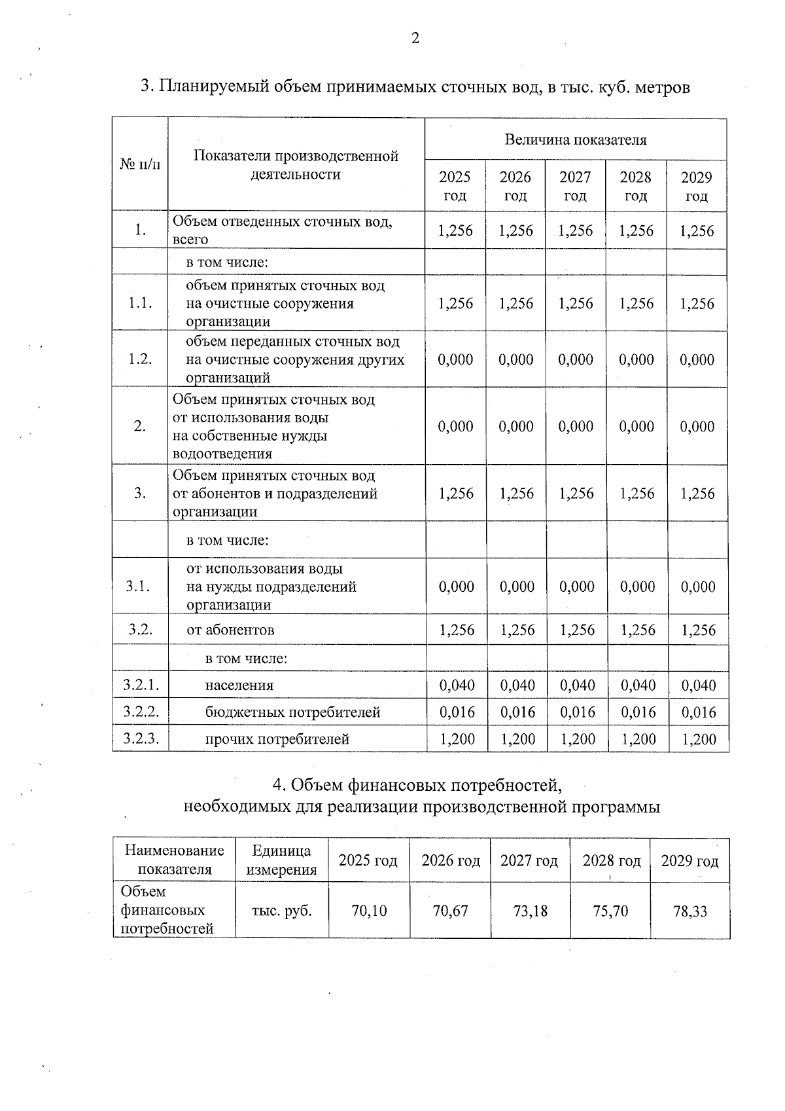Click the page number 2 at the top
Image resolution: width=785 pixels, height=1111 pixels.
415,38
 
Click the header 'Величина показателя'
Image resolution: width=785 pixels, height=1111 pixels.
576,139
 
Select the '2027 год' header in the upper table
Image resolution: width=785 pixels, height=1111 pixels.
575,186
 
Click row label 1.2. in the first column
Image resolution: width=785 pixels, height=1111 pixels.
140,359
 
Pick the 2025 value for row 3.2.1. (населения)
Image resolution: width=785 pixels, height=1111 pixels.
457,685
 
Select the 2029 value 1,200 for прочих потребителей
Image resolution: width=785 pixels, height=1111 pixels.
699,739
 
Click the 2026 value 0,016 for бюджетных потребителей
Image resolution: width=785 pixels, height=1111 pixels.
517,712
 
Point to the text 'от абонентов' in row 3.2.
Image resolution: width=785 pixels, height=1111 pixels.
230,630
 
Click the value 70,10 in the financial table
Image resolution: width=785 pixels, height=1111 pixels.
369,910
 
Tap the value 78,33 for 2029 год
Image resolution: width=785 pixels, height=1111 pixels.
690,910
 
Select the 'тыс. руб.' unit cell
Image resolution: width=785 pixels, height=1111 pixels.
281,910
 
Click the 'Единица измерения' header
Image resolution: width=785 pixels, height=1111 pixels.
281,860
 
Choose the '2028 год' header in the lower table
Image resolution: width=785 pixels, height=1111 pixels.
611,860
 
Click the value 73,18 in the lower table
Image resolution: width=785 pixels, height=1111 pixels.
530,910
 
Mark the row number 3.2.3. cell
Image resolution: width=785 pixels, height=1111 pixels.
141,739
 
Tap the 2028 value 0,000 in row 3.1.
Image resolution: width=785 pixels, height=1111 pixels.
638,587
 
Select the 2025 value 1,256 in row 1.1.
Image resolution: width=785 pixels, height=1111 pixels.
455,303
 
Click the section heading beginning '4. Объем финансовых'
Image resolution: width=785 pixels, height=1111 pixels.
417,784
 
